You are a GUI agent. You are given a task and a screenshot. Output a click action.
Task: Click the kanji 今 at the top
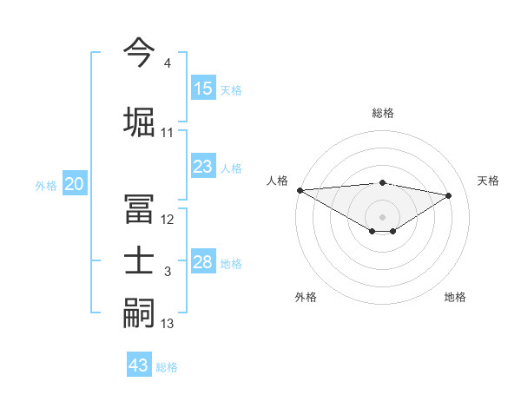pos(140,51)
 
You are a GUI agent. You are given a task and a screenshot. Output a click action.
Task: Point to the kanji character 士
pos(140,262)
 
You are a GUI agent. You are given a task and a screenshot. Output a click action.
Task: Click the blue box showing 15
pos(203,89)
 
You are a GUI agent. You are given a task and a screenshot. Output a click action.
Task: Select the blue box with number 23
pos(203,168)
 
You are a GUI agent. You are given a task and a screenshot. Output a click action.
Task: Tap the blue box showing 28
pos(203,263)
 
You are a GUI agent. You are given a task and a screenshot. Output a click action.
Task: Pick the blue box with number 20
pos(75,184)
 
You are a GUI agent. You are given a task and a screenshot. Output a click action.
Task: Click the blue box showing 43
pos(139,365)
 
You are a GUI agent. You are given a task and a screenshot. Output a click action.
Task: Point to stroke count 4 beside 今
pos(167,64)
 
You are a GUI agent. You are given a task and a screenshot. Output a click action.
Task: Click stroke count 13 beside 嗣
pos(167,324)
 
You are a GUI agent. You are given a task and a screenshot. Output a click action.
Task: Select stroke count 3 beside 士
pos(167,273)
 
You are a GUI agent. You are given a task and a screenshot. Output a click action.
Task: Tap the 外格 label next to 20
pos(46,185)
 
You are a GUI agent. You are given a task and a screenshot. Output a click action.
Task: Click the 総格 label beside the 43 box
pos(167,366)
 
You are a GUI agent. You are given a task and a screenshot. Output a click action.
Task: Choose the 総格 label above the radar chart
pos(382,113)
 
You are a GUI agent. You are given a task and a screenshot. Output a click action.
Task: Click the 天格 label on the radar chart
pos(488,181)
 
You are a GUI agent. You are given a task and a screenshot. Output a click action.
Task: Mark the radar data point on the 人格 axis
pos(300,190)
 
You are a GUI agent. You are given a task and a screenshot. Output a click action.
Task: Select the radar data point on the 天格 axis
pos(449,195)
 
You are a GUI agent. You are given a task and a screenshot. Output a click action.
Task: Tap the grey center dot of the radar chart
pos(382,215)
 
